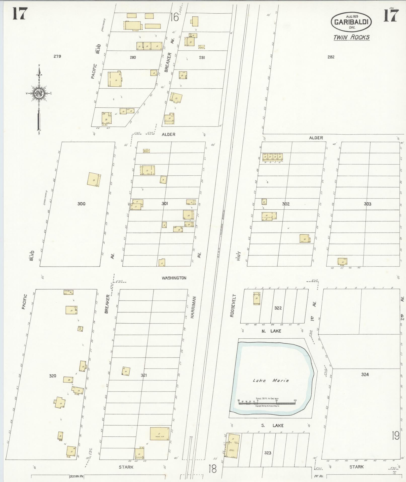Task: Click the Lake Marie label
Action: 271,380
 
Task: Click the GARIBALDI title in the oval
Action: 351,22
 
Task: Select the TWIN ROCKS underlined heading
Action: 351,38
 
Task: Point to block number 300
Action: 81,204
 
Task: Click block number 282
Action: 331,57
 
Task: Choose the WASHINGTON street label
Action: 174,278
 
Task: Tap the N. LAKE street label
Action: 271,331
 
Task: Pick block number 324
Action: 365,374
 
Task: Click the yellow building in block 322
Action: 257,299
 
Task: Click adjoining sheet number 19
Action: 395,435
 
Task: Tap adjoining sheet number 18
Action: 212,469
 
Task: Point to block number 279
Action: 57,56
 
